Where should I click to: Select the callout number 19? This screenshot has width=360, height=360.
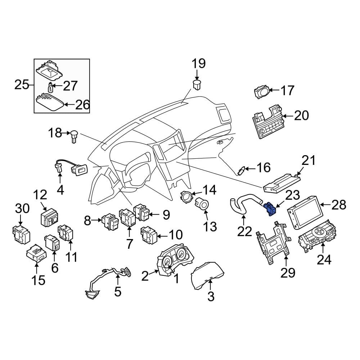pos(199,63)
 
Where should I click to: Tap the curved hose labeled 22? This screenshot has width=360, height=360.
pos(244,203)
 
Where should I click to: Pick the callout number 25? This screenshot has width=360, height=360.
pos(22,85)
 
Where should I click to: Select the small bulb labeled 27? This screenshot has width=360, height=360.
pos(50,87)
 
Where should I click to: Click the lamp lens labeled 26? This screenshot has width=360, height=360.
pos(49,102)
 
